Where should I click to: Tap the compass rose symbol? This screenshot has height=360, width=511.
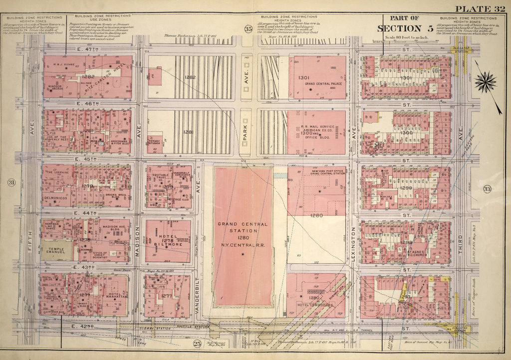[x=485, y=81]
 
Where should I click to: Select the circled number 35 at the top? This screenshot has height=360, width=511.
[x=248, y=29]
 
